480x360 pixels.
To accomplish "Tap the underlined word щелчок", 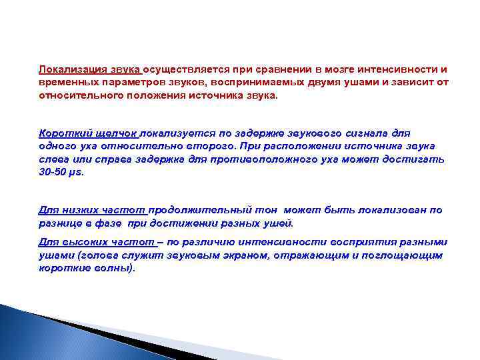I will click(112, 134).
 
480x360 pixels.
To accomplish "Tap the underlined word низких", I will click(79, 210).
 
